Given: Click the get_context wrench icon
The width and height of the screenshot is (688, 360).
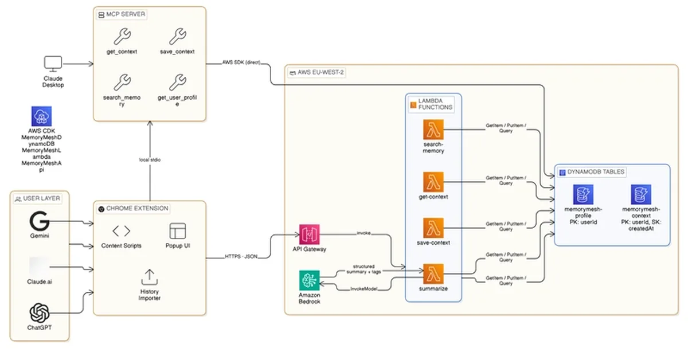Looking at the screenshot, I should coord(122,37).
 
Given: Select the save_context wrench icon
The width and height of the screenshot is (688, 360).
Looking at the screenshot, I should coord(177,37).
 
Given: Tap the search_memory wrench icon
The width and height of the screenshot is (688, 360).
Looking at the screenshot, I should coord(122,82).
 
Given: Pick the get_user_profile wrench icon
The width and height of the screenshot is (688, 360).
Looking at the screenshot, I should coord(177,82).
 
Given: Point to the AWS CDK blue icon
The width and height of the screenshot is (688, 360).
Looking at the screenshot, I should coord(41,116).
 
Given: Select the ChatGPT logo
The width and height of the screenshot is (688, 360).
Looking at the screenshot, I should coord(39,313).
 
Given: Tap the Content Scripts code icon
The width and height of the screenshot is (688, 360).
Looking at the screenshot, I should coord(121,231).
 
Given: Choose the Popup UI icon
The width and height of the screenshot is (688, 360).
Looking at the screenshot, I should coord(177,231).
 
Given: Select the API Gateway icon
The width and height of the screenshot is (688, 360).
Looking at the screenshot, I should coord(309,234).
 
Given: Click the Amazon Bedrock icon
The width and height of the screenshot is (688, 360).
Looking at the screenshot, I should coord(309,281).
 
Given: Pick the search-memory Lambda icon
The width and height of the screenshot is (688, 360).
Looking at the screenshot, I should coord(433,130).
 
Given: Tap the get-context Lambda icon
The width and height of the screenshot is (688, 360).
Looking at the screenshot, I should coord(433,182).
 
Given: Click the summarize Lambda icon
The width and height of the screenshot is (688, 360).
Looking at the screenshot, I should coord(433,273).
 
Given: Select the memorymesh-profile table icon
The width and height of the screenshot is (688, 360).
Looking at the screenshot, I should coord(583,195).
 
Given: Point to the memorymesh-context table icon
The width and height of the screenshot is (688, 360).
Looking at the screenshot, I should coord(640,195).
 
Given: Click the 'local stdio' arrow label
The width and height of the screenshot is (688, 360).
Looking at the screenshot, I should coord(149,159).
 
